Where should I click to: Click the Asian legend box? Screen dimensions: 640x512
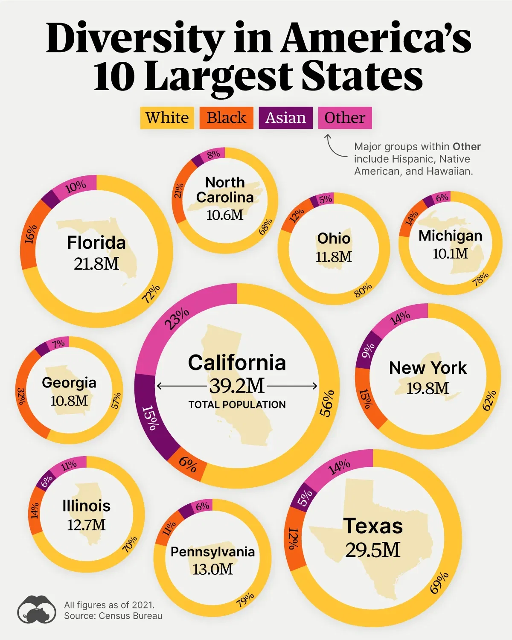285,118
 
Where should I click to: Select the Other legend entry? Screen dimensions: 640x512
345,118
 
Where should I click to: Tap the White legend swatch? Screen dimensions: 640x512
167,118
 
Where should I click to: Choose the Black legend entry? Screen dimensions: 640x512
226,118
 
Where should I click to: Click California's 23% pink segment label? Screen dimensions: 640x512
177,319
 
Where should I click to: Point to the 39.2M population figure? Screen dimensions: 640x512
237,386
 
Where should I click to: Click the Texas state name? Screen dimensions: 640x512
373,526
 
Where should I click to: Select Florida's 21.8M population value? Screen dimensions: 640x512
96,264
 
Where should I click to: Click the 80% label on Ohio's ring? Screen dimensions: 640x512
363,290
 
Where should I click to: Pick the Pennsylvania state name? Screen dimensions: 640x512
212,552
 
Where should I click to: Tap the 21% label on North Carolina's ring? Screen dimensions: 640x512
178,190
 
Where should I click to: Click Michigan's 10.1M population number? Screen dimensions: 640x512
450,254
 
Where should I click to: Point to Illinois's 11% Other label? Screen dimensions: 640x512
69,465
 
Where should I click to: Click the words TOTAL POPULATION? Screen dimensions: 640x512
237,404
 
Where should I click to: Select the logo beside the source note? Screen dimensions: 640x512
37,609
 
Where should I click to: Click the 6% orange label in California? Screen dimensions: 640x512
188,464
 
